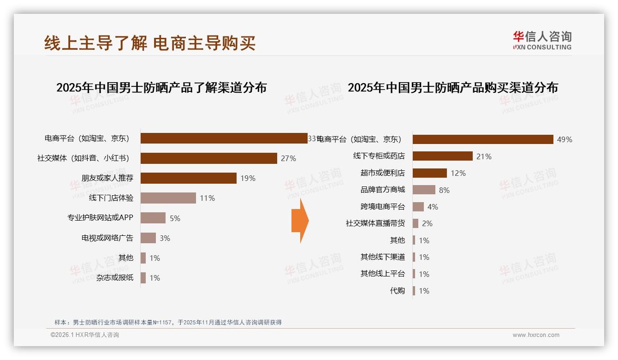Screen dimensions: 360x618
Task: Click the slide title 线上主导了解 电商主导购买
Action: pos(150,43)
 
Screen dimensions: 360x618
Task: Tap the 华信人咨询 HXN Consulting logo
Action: pos(542,41)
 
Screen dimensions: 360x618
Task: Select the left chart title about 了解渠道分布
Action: pos(161,88)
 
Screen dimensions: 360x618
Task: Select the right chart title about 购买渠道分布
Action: pos(452,88)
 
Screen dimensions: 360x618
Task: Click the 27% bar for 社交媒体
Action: pos(208,158)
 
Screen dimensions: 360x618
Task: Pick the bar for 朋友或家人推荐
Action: pos(188,178)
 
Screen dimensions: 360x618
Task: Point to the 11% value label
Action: pos(207,198)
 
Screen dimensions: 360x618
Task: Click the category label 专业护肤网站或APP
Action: pos(100,218)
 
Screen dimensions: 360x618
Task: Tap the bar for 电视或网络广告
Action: pos(148,238)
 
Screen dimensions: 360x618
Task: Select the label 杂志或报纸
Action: pos(115,278)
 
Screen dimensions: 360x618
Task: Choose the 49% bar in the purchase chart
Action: pos(482,139)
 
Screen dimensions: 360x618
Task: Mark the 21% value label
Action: pos(484,156)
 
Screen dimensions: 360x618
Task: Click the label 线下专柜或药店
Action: pos(379,156)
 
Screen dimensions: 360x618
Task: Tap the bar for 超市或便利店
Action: pos(429,173)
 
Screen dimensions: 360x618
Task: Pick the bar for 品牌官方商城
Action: pos(424,190)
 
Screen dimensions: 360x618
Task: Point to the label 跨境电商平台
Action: pos(382,207)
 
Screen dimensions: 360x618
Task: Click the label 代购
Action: pos(397,291)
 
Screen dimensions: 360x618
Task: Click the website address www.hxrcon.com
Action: pos(536,335)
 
